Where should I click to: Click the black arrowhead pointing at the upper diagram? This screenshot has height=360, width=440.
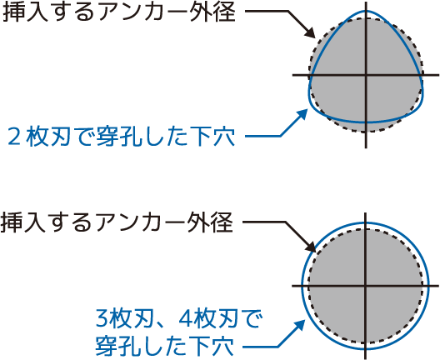[310, 32]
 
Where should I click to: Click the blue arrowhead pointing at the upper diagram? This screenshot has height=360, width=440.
[302, 114]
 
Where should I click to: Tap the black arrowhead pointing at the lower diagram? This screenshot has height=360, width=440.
[311, 247]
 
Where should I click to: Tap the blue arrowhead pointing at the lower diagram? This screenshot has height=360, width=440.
[299, 326]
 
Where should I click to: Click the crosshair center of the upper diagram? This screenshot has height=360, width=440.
[366, 75]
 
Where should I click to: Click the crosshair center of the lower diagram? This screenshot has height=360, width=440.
[365, 286]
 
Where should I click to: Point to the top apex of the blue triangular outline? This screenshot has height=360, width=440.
[366, 11]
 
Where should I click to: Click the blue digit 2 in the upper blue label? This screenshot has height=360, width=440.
[14, 137]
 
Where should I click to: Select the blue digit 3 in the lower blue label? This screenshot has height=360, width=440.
[102, 319]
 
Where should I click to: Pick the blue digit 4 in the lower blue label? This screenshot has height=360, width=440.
[185, 319]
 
